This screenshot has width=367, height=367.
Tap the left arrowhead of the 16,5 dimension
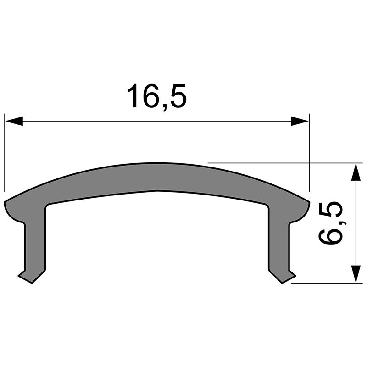pos(14,121)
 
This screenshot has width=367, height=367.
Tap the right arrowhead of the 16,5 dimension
pos(300,121)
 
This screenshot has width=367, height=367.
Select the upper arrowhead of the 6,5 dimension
pos(355,172)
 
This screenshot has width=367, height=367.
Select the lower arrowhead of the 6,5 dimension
pos(355,274)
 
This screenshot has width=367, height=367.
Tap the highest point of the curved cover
pos(157,164)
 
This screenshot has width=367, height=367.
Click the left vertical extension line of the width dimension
pos(5,156)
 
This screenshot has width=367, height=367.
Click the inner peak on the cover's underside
pos(158,190)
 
